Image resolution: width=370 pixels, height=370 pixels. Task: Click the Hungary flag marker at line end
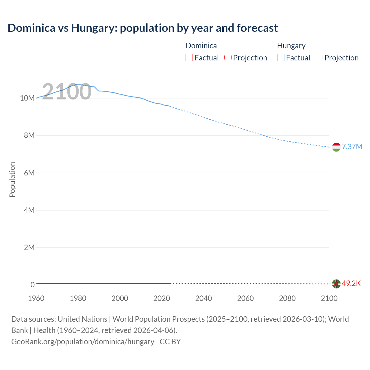click(x=336, y=147)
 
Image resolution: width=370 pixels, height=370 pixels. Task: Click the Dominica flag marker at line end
click(x=336, y=284)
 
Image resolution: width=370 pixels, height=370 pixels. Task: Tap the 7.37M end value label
click(x=352, y=147)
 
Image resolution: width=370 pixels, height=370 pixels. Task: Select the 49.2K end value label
click(x=351, y=283)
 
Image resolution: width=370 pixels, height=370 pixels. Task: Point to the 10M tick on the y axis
click(x=27, y=98)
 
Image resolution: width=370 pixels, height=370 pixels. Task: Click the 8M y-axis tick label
click(x=29, y=135)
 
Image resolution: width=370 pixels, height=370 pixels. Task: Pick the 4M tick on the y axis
click(x=29, y=210)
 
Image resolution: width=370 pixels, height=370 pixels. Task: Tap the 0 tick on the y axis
click(x=32, y=285)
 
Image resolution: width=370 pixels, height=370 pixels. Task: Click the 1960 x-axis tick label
click(x=36, y=298)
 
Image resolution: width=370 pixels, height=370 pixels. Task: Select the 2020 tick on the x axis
click(x=162, y=298)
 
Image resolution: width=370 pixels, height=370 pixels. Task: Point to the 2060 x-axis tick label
click(x=245, y=298)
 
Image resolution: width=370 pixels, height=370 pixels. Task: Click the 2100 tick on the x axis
click(x=329, y=298)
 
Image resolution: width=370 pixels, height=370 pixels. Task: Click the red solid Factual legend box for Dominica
click(x=189, y=58)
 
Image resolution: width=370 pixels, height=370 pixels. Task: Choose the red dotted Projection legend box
click(x=228, y=58)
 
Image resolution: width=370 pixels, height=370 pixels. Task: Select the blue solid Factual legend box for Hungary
click(x=281, y=58)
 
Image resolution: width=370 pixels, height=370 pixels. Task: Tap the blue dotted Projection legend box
click(x=319, y=58)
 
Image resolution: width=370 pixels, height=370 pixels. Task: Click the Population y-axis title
click(x=12, y=180)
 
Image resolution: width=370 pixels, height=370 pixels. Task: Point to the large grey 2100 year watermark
click(x=67, y=92)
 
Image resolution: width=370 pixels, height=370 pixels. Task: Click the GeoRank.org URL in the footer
click(x=83, y=341)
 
